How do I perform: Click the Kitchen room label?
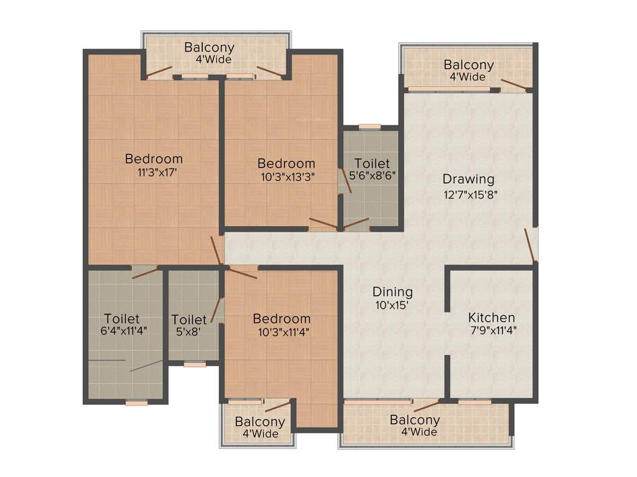491,317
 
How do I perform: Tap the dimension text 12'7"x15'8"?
470,194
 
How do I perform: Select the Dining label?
393,292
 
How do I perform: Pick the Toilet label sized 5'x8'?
189,320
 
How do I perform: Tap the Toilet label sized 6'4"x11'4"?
122,319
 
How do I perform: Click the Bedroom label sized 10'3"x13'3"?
286,163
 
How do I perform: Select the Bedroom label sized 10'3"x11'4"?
281,319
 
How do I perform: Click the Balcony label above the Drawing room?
468,65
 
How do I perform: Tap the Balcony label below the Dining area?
414,420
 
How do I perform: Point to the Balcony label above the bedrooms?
210,47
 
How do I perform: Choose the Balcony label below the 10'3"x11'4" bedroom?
260,422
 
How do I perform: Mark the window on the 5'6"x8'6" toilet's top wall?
370,126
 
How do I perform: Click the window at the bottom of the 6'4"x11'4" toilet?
136,402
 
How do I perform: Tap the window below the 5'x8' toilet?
195,365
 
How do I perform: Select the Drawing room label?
468,179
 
